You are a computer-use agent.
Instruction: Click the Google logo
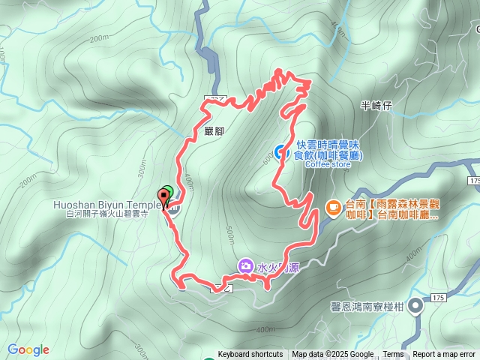(28, 349)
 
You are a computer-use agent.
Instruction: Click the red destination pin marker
(163, 199)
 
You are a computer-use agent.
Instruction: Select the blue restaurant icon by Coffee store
(281, 151)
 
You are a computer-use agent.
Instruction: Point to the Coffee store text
(328, 165)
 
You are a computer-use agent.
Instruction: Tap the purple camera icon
(246, 265)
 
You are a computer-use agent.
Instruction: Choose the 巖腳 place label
(214, 130)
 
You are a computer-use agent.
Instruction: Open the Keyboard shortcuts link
(250, 355)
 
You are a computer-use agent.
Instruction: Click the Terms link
(393, 355)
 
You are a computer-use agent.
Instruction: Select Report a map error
(445, 355)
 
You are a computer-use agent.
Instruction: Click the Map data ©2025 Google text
(333, 355)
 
